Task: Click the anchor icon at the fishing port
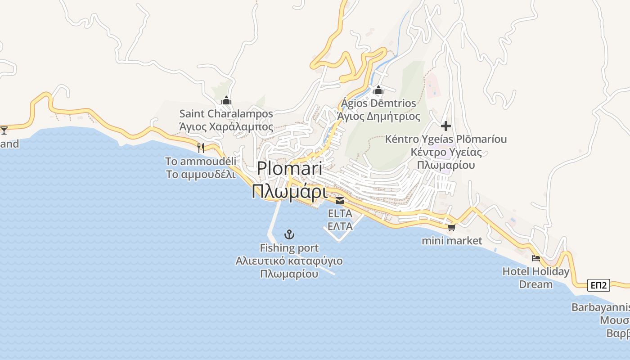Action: (x=289, y=234)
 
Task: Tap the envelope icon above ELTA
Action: (x=340, y=201)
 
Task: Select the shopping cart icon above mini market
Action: (x=451, y=228)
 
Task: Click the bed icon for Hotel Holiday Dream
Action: (x=535, y=258)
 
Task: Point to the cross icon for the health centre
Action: (x=446, y=126)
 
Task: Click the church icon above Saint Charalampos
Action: (x=226, y=100)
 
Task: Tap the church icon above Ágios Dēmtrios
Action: (x=378, y=90)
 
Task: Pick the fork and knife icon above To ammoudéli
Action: (x=201, y=148)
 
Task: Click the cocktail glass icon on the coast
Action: (x=4, y=130)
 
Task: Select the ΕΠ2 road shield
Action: (x=599, y=285)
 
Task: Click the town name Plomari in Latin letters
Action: (x=289, y=169)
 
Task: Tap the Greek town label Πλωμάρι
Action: (x=289, y=191)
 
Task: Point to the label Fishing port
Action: (x=289, y=248)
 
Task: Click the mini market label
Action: (x=451, y=241)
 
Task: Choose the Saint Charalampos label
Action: (x=226, y=114)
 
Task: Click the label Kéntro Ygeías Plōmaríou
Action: (x=445, y=139)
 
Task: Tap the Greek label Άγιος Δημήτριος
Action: (x=378, y=117)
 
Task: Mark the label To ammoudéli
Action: (x=200, y=161)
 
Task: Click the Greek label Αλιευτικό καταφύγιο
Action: (x=289, y=261)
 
